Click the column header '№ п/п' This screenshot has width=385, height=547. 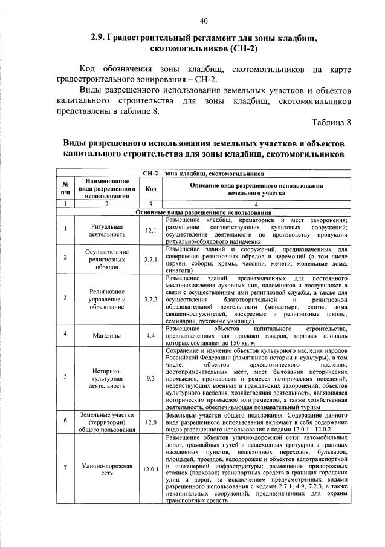pyautogui.click(x=63, y=188)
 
